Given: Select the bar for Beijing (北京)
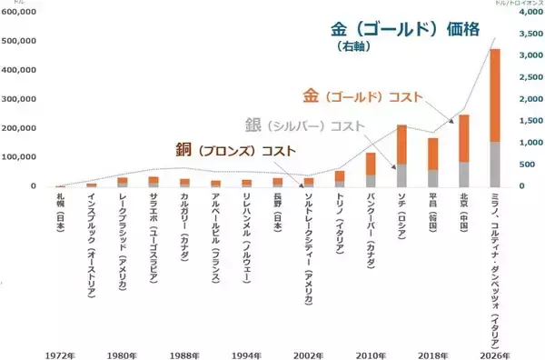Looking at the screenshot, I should tap(464, 151).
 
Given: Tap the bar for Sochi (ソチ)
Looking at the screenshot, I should tap(401, 155).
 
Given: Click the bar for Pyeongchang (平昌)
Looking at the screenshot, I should tap(432, 162).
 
